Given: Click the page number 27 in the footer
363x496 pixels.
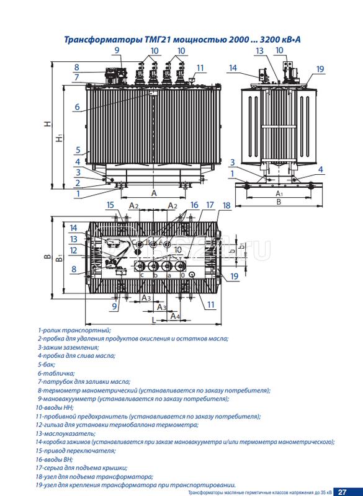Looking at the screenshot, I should [x=342, y=492].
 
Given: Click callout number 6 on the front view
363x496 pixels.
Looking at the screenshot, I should [x=77, y=107].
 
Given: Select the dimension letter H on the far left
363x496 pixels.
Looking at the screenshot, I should [x=48, y=125].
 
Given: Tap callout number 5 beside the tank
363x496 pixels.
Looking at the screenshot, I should [x=77, y=149].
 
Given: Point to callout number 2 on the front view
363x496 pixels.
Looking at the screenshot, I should [x=77, y=183].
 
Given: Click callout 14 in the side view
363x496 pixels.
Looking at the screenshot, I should [x=233, y=68].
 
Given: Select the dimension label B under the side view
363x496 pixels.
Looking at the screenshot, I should [x=279, y=202].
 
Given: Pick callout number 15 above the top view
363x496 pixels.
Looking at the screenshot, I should [x=110, y=205].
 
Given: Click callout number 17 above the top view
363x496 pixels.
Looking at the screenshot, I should [x=210, y=205].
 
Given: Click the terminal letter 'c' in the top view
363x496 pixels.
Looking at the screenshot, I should [x=141, y=275].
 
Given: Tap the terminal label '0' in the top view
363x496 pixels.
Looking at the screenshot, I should [x=182, y=275].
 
